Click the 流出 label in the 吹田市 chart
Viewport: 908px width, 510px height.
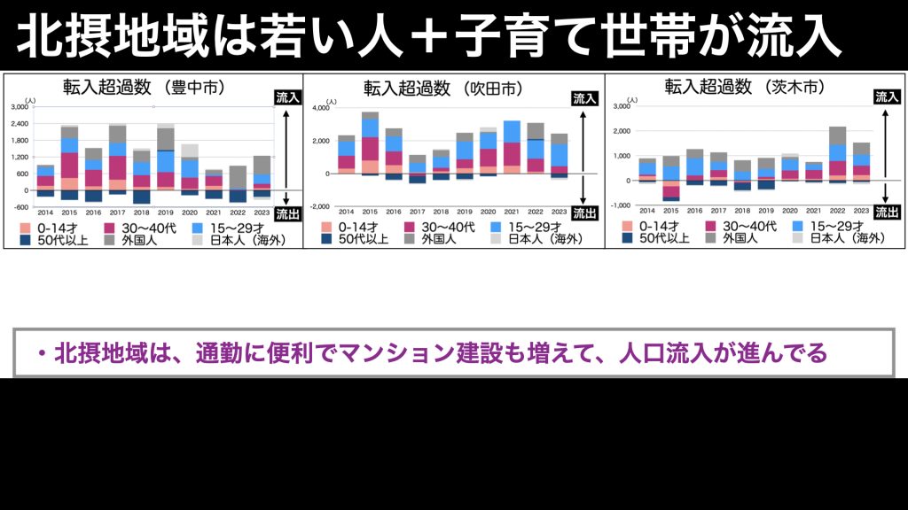[584, 212]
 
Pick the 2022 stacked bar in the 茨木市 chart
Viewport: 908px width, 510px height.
[837, 155]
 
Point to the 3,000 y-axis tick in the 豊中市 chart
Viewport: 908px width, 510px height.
[19, 108]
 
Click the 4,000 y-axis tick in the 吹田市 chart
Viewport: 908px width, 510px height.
[320, 108]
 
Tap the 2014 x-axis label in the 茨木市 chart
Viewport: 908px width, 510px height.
[647, 211]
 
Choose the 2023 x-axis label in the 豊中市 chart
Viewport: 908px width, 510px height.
[261, 212]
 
